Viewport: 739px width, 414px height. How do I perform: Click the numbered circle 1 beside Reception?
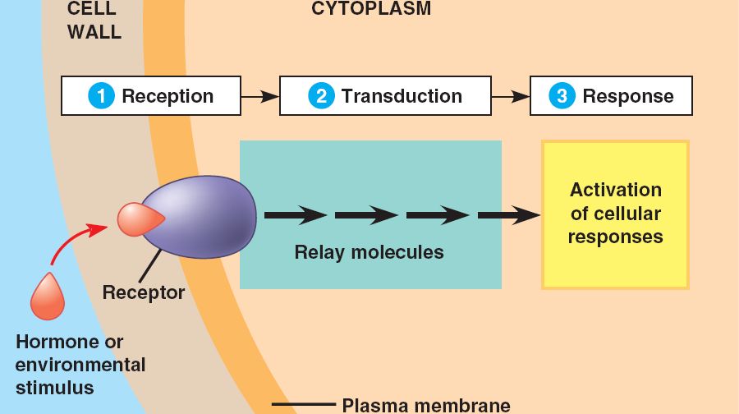[101, 96]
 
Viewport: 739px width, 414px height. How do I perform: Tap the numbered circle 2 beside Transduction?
[321, 96]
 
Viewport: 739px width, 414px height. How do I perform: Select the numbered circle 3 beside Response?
[562, 96]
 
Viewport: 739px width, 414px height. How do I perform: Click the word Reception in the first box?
[168, 96]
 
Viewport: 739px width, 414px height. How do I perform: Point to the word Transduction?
[402, 96]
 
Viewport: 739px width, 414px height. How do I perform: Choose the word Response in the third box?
[628, 96]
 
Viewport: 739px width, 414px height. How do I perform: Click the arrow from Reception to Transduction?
[260, 96]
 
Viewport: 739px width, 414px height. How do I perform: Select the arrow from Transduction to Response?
[511, 96]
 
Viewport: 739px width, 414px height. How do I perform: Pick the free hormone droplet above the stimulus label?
[47, 297]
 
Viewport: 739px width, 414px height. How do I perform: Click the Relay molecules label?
[369, 252]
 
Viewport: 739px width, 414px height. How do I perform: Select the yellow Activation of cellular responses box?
[615, 214]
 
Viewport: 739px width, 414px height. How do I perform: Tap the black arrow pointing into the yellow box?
[509, 216]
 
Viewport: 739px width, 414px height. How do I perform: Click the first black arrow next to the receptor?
[296, 216]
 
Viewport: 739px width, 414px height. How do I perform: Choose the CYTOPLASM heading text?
[371, 9]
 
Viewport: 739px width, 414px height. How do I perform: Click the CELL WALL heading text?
[94, 21]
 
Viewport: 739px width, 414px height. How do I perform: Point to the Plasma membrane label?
[425, 405]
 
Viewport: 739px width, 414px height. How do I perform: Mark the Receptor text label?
[144, 292]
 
